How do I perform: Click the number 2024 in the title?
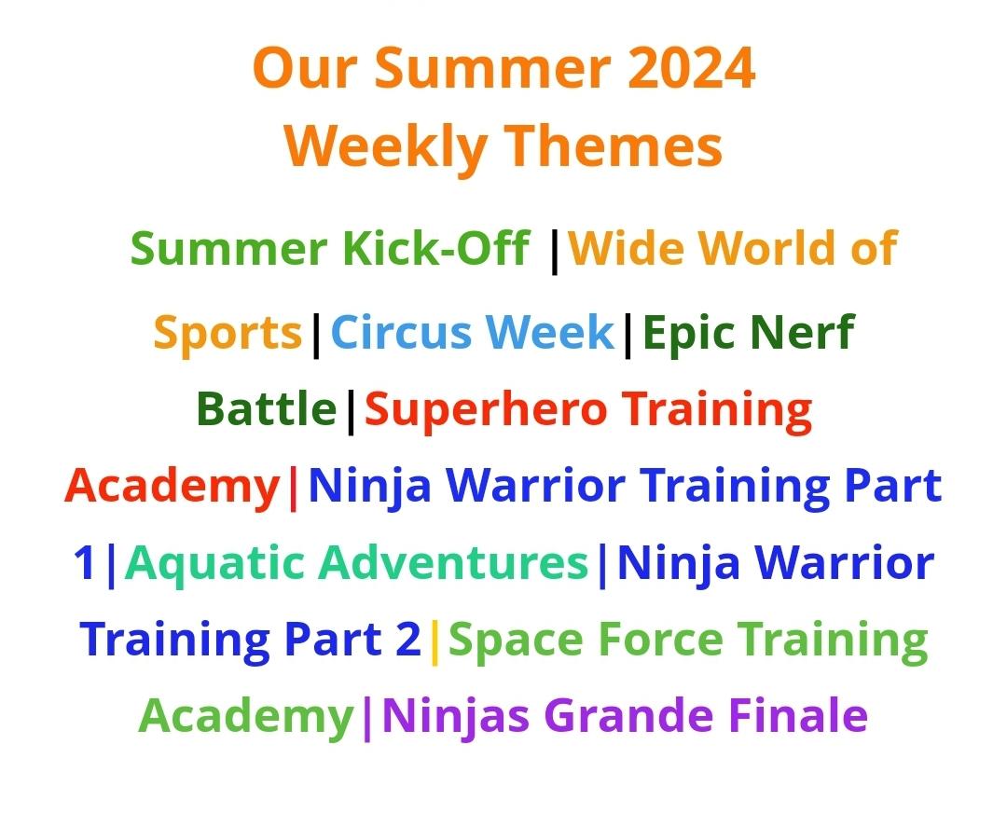[691, 68]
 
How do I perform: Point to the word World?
[768, 248]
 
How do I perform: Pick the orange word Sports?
[228, 333]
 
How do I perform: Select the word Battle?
[267, 408]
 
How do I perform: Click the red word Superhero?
[486, 409]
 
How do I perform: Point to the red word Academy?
[172, 486]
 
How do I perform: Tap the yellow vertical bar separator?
[435, 641]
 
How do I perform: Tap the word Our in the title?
[305, 68]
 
